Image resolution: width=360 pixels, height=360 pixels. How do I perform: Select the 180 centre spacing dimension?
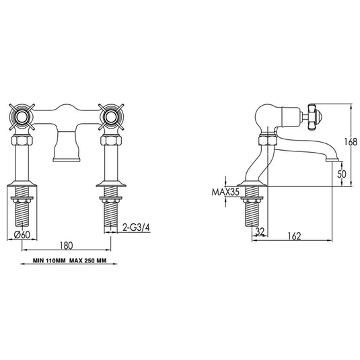tap(65, 246)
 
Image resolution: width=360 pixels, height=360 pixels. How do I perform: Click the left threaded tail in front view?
tap(22, 211)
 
